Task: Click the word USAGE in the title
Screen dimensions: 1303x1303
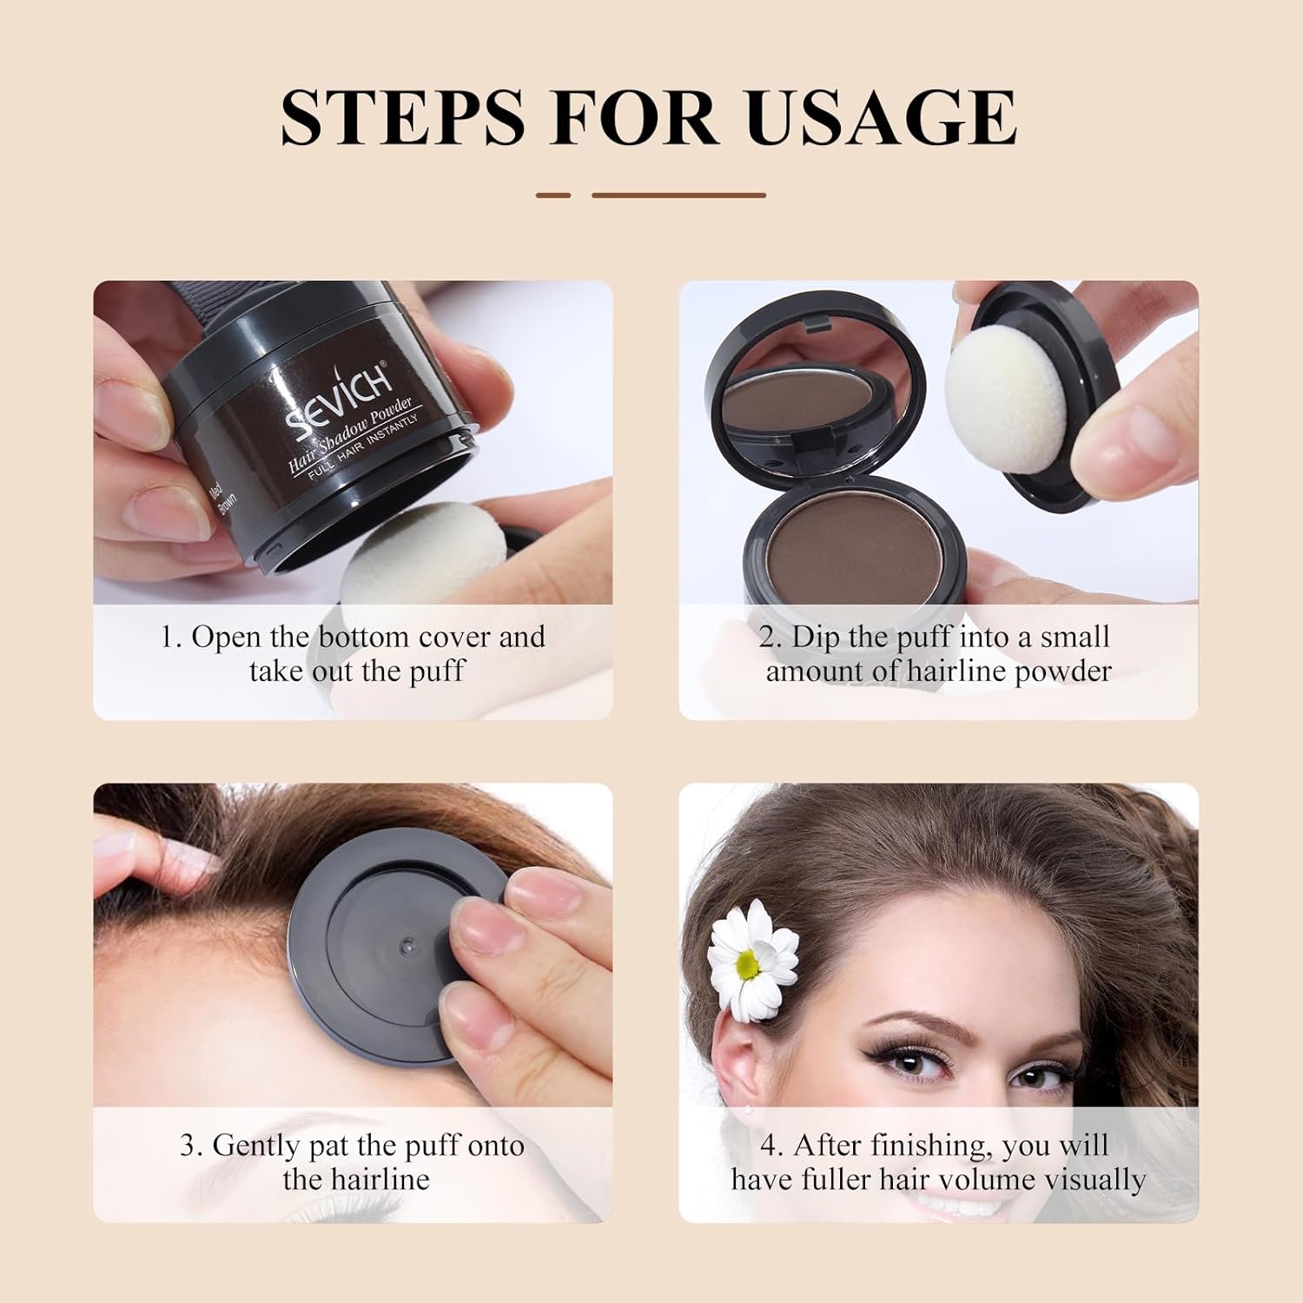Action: [881, 116]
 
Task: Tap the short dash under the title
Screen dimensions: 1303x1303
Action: [553, 195]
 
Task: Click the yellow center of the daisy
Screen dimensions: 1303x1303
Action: [746, 962]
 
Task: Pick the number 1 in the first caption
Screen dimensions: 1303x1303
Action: [169, 638]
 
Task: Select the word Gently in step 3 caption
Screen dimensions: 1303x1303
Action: [255, 1146]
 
